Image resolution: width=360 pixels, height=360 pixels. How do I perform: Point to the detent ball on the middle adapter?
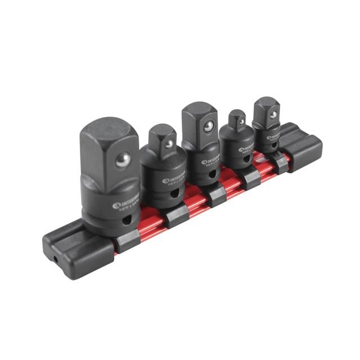click(208, 127)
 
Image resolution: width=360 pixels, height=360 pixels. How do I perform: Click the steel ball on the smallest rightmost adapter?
click(272, 114)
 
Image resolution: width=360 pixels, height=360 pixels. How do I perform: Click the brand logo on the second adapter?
click(165, 181)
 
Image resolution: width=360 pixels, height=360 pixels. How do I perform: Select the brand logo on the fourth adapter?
click(241, 149)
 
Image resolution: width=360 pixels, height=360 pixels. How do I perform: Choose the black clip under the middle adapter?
click(215, 194)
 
